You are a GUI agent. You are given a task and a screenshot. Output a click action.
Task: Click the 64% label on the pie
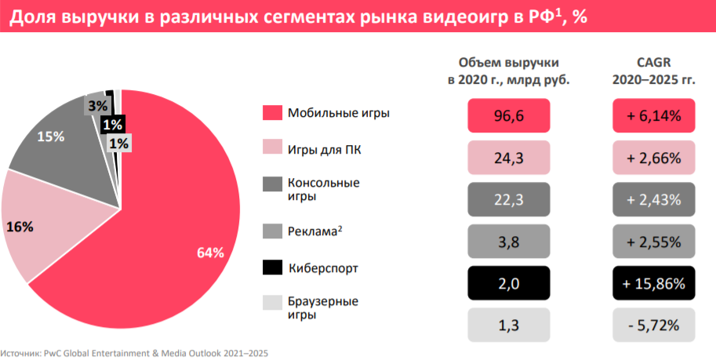[210, 253]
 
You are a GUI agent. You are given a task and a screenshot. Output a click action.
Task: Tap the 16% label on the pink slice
[20, 227]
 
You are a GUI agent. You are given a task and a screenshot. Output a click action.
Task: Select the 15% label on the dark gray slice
[50, 136]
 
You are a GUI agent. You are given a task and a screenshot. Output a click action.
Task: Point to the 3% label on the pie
[98, 105]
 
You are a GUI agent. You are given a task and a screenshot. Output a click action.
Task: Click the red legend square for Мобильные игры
[271, 113]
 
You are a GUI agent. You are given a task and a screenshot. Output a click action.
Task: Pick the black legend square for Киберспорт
[271, 267]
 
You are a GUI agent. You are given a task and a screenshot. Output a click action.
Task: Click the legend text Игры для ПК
[324, 150]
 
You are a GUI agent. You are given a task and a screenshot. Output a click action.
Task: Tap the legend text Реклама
[316, 231]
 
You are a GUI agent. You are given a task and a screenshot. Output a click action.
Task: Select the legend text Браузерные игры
[323, 307]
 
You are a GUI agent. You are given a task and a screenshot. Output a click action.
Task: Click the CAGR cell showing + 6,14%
[654, 116]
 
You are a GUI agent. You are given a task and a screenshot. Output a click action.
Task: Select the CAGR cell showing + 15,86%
[654, 283]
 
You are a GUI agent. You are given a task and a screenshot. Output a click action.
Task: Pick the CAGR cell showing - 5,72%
[654, 325]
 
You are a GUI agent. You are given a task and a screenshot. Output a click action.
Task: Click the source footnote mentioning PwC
[134, 354]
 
